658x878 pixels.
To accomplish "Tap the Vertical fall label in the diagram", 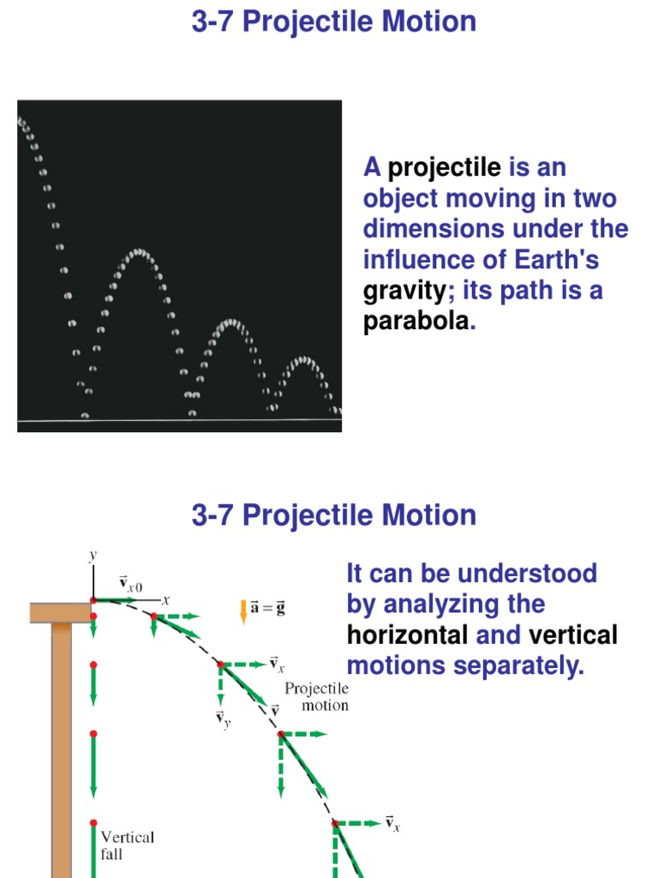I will pos(128,844).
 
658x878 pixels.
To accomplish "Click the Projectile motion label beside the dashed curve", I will pos(316,696).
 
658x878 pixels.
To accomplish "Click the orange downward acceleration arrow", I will pos(243,610).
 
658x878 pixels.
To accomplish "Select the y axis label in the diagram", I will pos(93,556).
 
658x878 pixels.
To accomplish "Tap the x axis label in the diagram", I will pos(167,600).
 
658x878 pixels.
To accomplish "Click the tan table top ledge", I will pos(60,612).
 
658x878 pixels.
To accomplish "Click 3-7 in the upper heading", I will pos(213,22).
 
